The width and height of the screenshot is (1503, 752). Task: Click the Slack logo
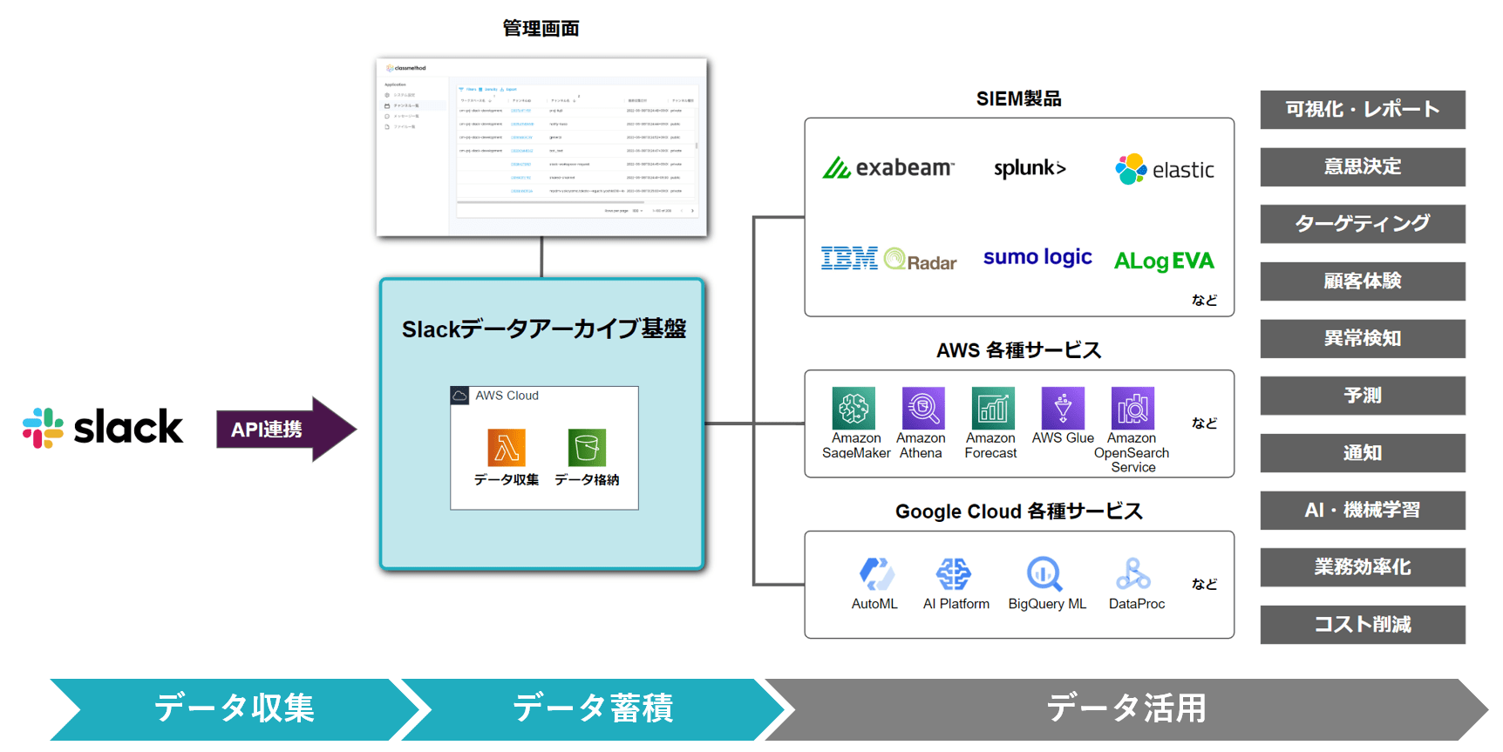point(103,428)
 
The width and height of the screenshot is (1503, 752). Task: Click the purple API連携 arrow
point(284,429)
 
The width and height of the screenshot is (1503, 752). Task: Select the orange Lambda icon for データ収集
point(507,448)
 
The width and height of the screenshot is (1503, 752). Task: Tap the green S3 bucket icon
point(587,448)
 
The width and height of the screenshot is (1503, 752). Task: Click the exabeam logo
point(888,167)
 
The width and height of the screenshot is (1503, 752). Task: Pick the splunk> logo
point(1030,168)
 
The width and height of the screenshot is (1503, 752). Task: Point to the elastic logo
point(1165,169)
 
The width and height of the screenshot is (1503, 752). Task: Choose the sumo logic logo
point(1037,257)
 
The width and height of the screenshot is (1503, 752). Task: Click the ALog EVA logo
point(1164,261)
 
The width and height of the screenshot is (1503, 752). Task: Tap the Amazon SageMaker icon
point(854,408)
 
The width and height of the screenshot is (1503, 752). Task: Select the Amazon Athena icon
point(922,408)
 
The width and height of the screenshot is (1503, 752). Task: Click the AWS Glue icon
point(1063,408)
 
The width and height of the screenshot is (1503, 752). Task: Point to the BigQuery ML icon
point(1044,574)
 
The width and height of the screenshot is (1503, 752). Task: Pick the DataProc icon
point(1133,574)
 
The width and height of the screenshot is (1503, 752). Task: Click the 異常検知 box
point(1362,338)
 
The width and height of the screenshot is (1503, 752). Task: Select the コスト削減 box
point(1362,624)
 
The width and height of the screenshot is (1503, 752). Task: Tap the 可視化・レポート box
point(1362,110)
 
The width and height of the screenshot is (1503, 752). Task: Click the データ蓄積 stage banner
point(593,708)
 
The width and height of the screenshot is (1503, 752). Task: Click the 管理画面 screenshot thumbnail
point(541,147)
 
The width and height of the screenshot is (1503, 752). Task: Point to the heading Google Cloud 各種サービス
point(1018,511)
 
